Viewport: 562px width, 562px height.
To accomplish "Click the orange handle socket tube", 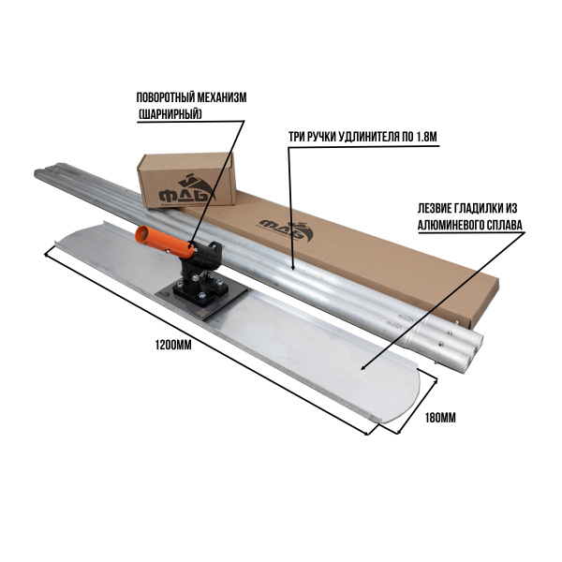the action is click(164, 242).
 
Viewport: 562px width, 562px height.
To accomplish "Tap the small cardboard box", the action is click(186, 180).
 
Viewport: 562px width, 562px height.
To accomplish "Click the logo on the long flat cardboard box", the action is click(286, 229).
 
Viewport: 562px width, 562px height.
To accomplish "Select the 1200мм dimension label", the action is click(173, 345).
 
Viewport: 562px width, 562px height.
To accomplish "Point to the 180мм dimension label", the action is click(440, 418).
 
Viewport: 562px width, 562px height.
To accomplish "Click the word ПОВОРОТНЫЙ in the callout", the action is click(161, 97).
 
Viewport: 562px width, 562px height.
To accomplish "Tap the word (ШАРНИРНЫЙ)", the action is click(170, 114).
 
